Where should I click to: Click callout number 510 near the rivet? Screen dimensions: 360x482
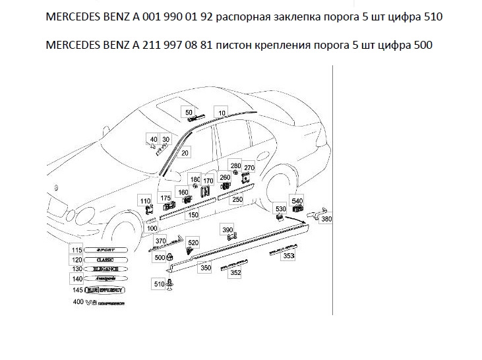coord(159,284)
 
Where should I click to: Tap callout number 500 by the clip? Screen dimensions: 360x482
coord(159,258)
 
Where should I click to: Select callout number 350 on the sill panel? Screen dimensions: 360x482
coord(205,268)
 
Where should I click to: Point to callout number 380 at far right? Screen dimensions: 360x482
coord(326,220)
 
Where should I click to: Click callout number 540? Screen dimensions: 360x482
coord(298,200)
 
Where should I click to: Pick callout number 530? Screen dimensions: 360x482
coord(280,208)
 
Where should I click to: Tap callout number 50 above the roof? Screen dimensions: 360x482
coord(189,112)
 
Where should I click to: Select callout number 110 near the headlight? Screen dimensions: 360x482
coord(145,200)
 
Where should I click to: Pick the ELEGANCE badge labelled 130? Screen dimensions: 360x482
coord(105,269)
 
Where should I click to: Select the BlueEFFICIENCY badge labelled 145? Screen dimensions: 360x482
coord(108,289)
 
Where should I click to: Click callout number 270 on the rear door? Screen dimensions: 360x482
coord(249,167)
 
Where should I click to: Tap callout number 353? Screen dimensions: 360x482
coord(288,256)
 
